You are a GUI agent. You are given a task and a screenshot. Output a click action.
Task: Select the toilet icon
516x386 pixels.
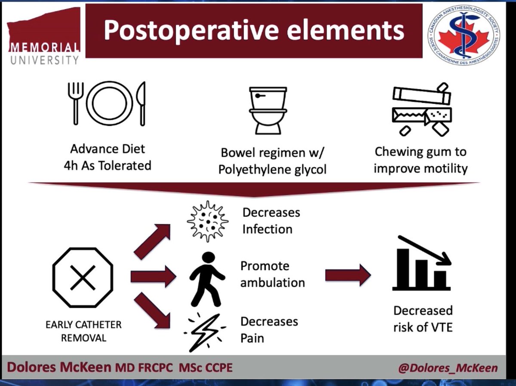(267, 110)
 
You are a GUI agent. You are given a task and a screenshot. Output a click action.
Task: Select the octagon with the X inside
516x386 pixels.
(83, 277)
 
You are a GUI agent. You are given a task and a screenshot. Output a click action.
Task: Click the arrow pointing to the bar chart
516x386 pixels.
(347, 275)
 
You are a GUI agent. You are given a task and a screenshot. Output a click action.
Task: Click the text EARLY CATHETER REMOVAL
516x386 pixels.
(83, 331)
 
